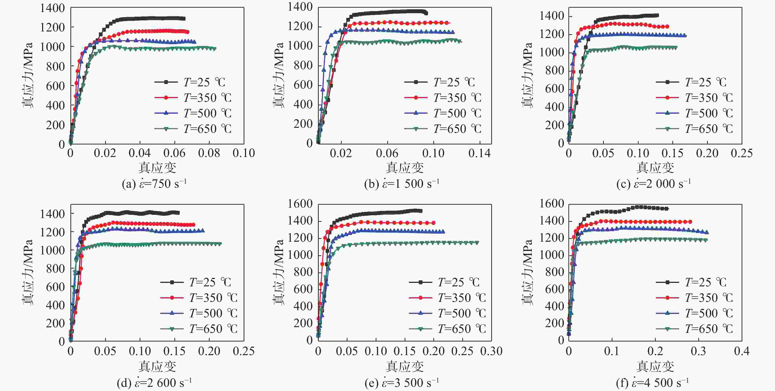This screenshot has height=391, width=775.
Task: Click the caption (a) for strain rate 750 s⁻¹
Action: pyautogui.click(x=154, y=184)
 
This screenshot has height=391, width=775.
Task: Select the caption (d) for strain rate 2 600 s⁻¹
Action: pyautogui.click(x=154, y=383)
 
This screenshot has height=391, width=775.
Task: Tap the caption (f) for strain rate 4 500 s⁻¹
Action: pyautogui.click(x=652, y=383)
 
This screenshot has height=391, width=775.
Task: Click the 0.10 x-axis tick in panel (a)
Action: pyautogui.click(x=244, y=153)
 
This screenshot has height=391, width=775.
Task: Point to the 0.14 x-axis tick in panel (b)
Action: pyautogui.click(x=479, y=153)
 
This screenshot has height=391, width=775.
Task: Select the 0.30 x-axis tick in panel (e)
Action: pyautogui.click(x=491, y=351)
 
